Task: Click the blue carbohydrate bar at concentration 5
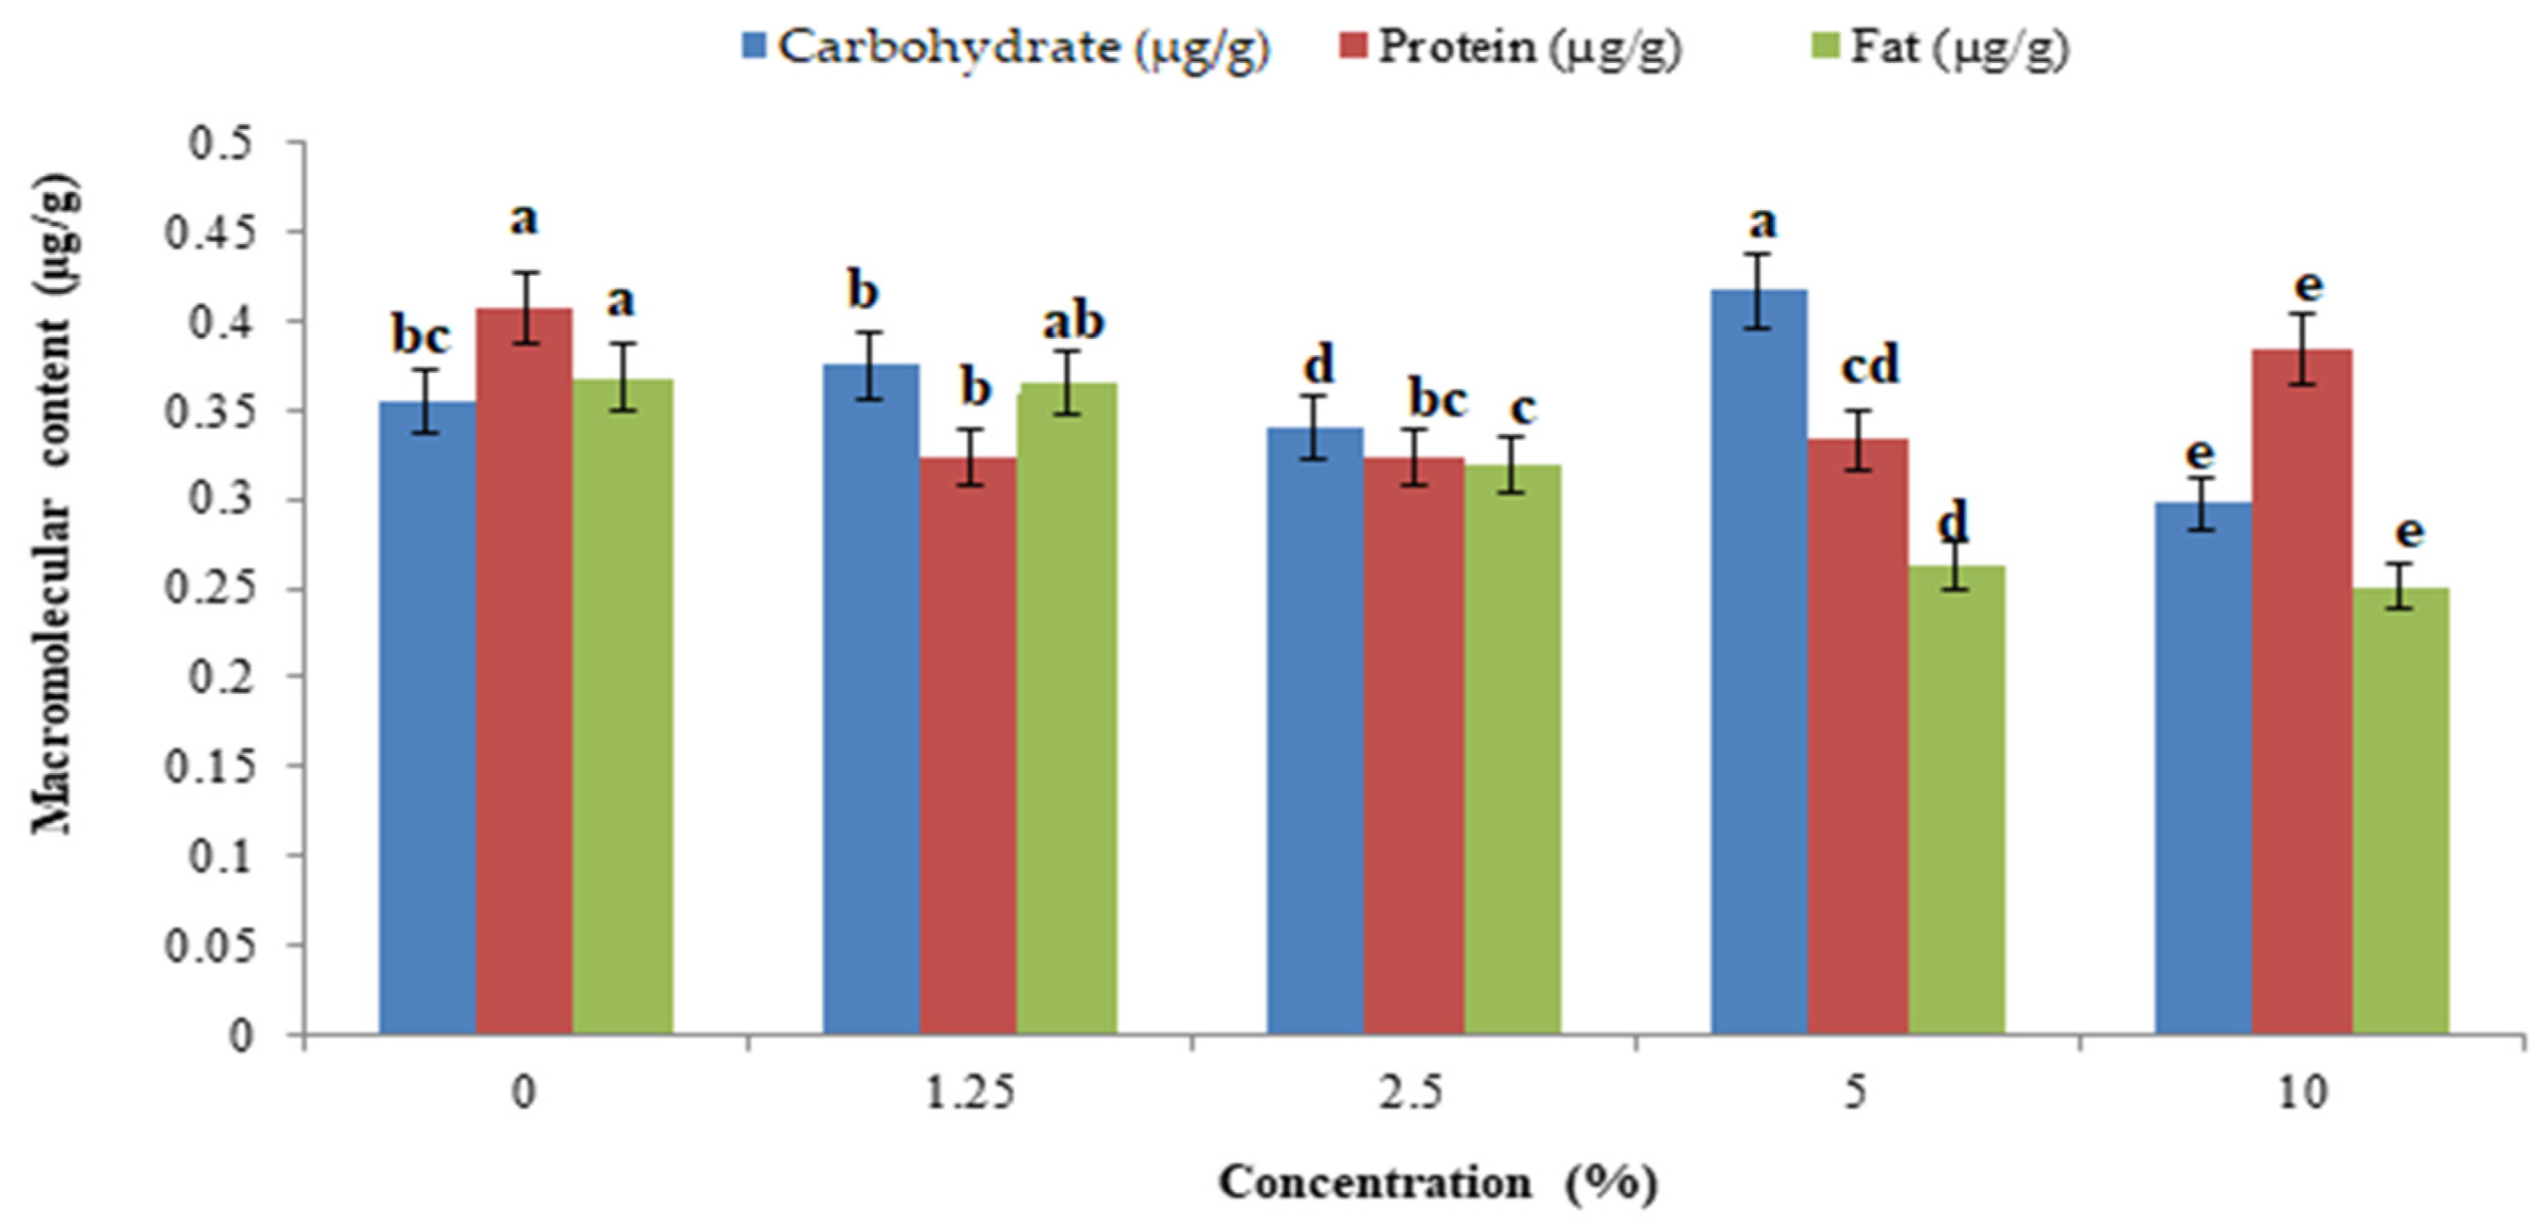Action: pyautogui.click(x=1759, y=663)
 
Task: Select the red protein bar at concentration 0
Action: pyautogui.click(x=524, y=672)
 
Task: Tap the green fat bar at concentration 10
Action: pyautogui.click(x=2401, y=810)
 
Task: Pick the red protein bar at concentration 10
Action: pyautogui.click(x=2302, y=692)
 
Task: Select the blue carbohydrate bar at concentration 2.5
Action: pyautogui.click(x=1315, y=731)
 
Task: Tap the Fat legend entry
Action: pyautogui.click(x=1944, y=47)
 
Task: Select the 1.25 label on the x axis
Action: pyautogui.click(x=970, y=1093)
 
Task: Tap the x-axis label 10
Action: pyautogui.click(x=2302, y=1093)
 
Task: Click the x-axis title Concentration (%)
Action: pyautogui.click(x=1437, y=1183)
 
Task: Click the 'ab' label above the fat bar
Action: pyautogui.click(x=1073, y=322)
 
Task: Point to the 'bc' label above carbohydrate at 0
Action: pyautogui.click(x=421, y=336)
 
